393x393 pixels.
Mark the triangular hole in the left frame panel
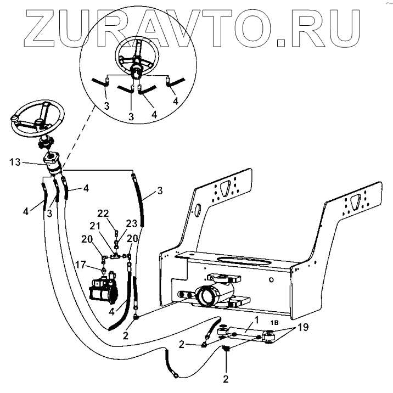pos(223,188)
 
